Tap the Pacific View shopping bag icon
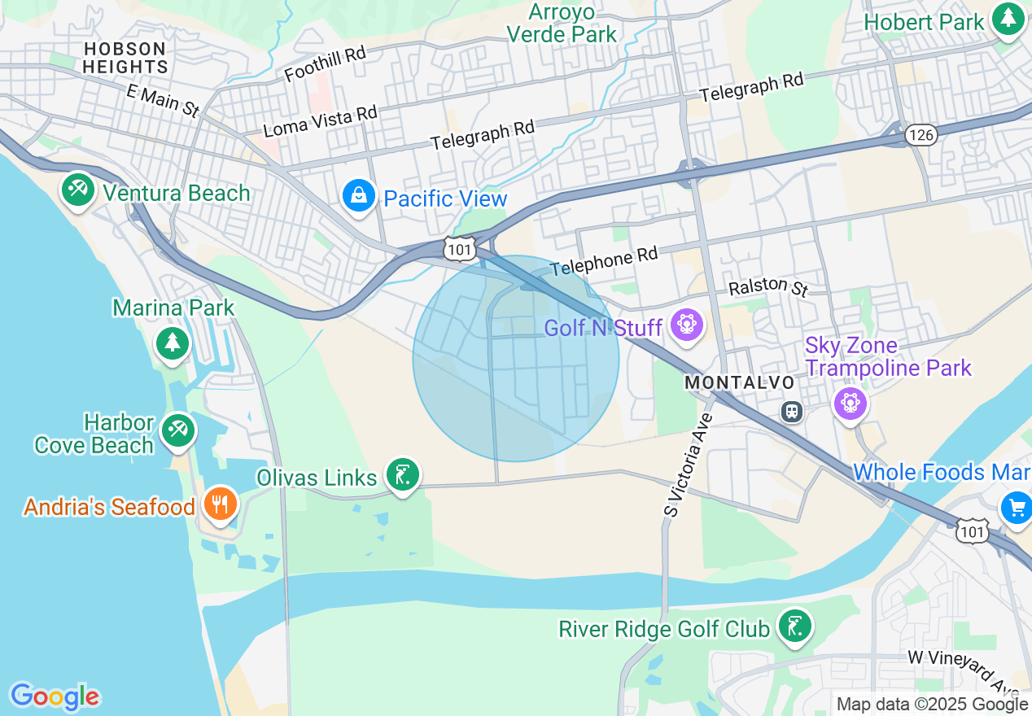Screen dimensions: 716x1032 [x=358, y=196]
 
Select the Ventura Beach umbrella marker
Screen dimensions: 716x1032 [x=77, y=190]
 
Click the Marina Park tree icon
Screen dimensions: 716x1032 [x=173, y=343]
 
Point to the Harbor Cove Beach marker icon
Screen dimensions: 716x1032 [x=177, y=429]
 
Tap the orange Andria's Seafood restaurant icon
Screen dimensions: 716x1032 [x=219, y=504]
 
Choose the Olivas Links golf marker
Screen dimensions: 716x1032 [x=402, y=474]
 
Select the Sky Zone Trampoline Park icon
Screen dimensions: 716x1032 [x=850, y=401]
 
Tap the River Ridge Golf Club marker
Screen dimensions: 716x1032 [x=794, y=626]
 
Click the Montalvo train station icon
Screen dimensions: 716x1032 [x=792, y=411]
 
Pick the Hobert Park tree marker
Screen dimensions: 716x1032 [x=1009, y=20]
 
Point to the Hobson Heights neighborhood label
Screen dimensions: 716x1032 [x=125, y=58]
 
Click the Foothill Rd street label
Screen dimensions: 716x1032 [x=326, y=63]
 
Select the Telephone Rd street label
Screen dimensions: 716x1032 [x=603, y=262]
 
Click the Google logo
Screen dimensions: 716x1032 [x=55, y=696]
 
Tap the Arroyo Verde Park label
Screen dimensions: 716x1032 [x=562, y=23]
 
